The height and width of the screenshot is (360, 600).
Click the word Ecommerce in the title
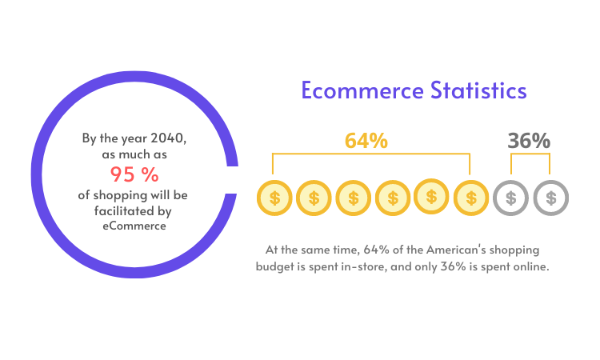point(362,90)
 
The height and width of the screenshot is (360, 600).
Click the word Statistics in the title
point(478,90)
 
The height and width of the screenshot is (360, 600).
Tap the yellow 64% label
point(366,141)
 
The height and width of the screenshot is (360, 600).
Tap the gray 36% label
point(529,141)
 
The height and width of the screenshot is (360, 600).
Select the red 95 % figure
point(134,174)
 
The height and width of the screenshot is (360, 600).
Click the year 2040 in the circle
point(167,138)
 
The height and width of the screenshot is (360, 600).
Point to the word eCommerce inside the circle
point(134,226)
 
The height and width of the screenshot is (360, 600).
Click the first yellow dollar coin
point(274,198)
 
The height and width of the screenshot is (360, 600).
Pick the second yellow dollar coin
point(314,198)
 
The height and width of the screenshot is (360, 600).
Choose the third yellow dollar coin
point(353,198)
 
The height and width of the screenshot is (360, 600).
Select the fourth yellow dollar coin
point(393,198)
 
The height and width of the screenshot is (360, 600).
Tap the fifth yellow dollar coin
point(431,197)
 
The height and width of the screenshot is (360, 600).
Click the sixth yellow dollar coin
point(471,198)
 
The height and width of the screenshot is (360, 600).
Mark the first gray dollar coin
point(511,198)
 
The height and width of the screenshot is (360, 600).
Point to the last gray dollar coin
point(551,198)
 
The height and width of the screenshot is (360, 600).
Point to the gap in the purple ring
point(232,180)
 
